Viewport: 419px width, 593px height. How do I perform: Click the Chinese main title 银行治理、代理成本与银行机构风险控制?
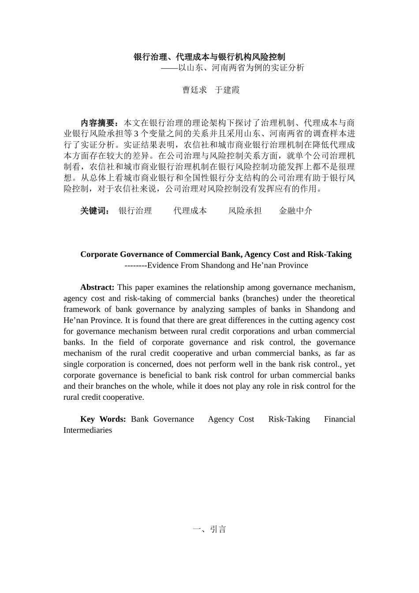coord(209,57)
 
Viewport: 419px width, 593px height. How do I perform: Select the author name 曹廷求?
coord(195,90)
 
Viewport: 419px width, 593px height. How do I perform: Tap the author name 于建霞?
coord(227,90)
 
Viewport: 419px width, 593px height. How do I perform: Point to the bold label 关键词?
coord(94,211)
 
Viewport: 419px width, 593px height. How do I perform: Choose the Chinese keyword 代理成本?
coord(190,211)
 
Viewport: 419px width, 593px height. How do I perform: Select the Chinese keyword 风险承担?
coord(245,211)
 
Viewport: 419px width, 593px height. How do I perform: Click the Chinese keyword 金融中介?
coord(296,211)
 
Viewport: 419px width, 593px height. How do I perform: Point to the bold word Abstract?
coord(97,287)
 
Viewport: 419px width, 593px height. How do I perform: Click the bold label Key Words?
coord(103,419)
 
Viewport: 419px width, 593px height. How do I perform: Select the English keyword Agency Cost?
coord(231,419)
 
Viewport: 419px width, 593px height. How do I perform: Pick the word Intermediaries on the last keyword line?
coord(88,430)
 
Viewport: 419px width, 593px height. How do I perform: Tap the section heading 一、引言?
coord(209,529)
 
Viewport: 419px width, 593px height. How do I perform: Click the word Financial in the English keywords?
coord(339,419)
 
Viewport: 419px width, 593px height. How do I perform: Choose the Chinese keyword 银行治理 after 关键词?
coord(135,211)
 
